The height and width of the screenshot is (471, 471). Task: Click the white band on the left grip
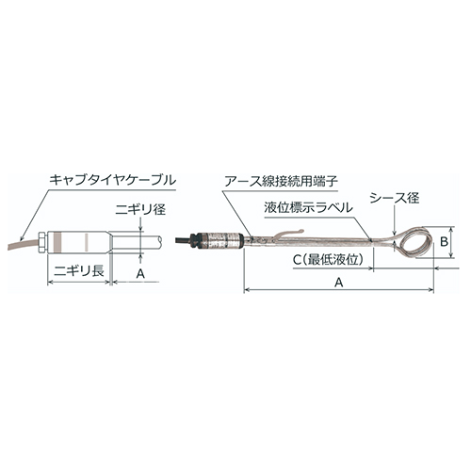click(85, 240)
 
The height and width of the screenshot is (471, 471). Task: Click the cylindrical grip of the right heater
click(224, 236)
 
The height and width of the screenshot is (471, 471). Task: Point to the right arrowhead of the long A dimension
click(431, 291)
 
